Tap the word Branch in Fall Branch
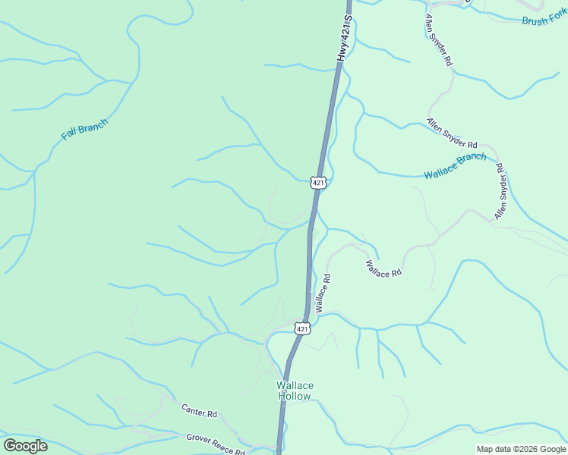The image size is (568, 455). pos(93,124)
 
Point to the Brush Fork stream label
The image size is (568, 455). pos(544,19)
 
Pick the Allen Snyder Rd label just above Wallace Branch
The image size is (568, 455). pos(452,133)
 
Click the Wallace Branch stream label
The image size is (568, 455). pos(455,166)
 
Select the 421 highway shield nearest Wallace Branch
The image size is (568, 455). pos(318,182)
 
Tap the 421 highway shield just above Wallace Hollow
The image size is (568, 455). pos(303,328)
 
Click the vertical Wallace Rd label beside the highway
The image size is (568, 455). pos(323,293)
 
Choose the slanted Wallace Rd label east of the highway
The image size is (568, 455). pos(383,268)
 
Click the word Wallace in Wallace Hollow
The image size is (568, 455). pos(295,385)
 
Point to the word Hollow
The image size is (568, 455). pos(294,396)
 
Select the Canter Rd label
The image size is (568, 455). pos(199,411)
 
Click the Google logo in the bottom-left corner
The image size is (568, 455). pos(25,446)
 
